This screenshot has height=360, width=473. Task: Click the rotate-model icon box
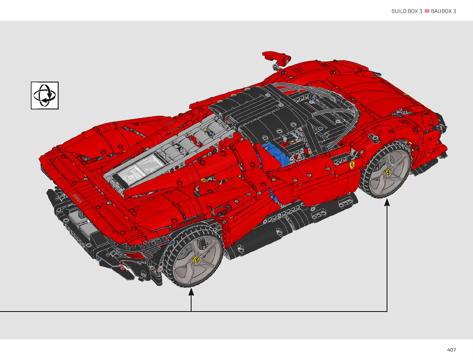(x=45, y=96)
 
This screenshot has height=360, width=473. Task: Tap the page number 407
(x=452, y=350)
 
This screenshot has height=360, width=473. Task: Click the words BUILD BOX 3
(x=407, y=11)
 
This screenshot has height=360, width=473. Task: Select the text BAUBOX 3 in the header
(x=443, y=11)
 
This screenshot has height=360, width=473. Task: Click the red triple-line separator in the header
(x=427, y=11)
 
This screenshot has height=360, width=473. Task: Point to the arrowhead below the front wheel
(x=191, y=292)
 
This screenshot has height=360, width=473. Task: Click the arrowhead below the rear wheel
(x=387, y=202)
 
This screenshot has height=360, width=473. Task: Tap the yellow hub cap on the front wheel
(x=196, y=259)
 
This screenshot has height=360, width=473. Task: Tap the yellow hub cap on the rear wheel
(x=388, y=172)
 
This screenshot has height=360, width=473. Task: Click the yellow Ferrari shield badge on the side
(x=352, y=165)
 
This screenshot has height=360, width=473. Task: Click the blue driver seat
(x=273, y=154)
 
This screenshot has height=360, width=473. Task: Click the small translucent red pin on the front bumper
(x=122, y=267)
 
